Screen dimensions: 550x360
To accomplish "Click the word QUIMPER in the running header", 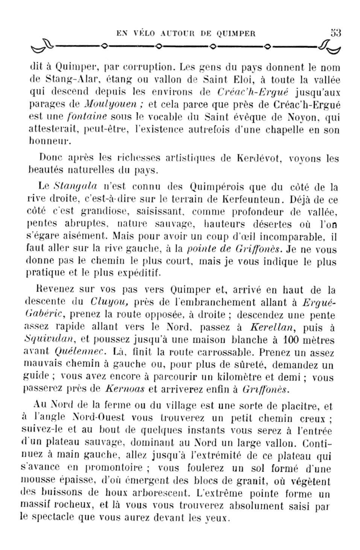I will [236, 33].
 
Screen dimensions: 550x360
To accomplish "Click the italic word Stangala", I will [76, 186].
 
